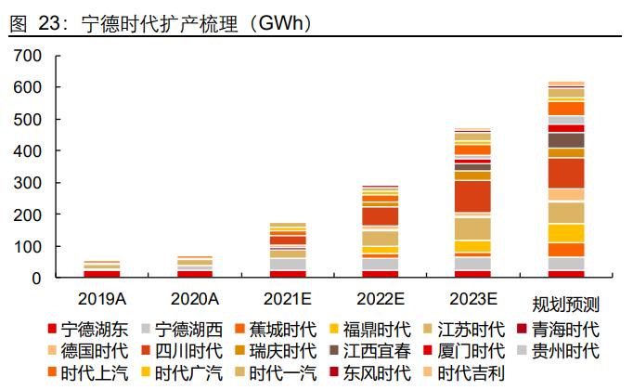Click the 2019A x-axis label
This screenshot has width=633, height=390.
pyautogui.click(x=102, y=298)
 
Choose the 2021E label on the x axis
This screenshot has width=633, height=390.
pyautogui.click(x=288, y=298)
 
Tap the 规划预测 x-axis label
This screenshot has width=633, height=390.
pyautogui.click(x=565, y=304)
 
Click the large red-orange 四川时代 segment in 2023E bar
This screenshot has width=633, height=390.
pyautogui.click(x=472, y=196)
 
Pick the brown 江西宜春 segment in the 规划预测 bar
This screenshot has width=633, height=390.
pyautogui.click(x=565, y=140)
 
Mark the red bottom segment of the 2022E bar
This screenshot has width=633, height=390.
pyautogui.click(x=380, y=274)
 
